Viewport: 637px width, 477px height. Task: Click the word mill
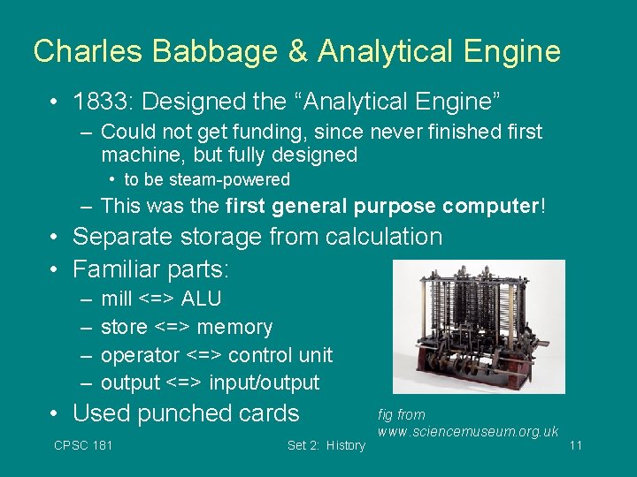(116, 299)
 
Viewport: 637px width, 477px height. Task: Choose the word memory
(234, 327)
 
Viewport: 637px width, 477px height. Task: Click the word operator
(140, 355)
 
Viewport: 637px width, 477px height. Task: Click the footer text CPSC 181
(83, 445)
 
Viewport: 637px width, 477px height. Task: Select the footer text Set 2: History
(326, 445)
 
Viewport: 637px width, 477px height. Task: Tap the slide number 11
(575, 445)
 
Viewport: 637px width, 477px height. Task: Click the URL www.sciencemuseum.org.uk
(468, 432)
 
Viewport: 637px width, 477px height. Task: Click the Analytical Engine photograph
(478, 326)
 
